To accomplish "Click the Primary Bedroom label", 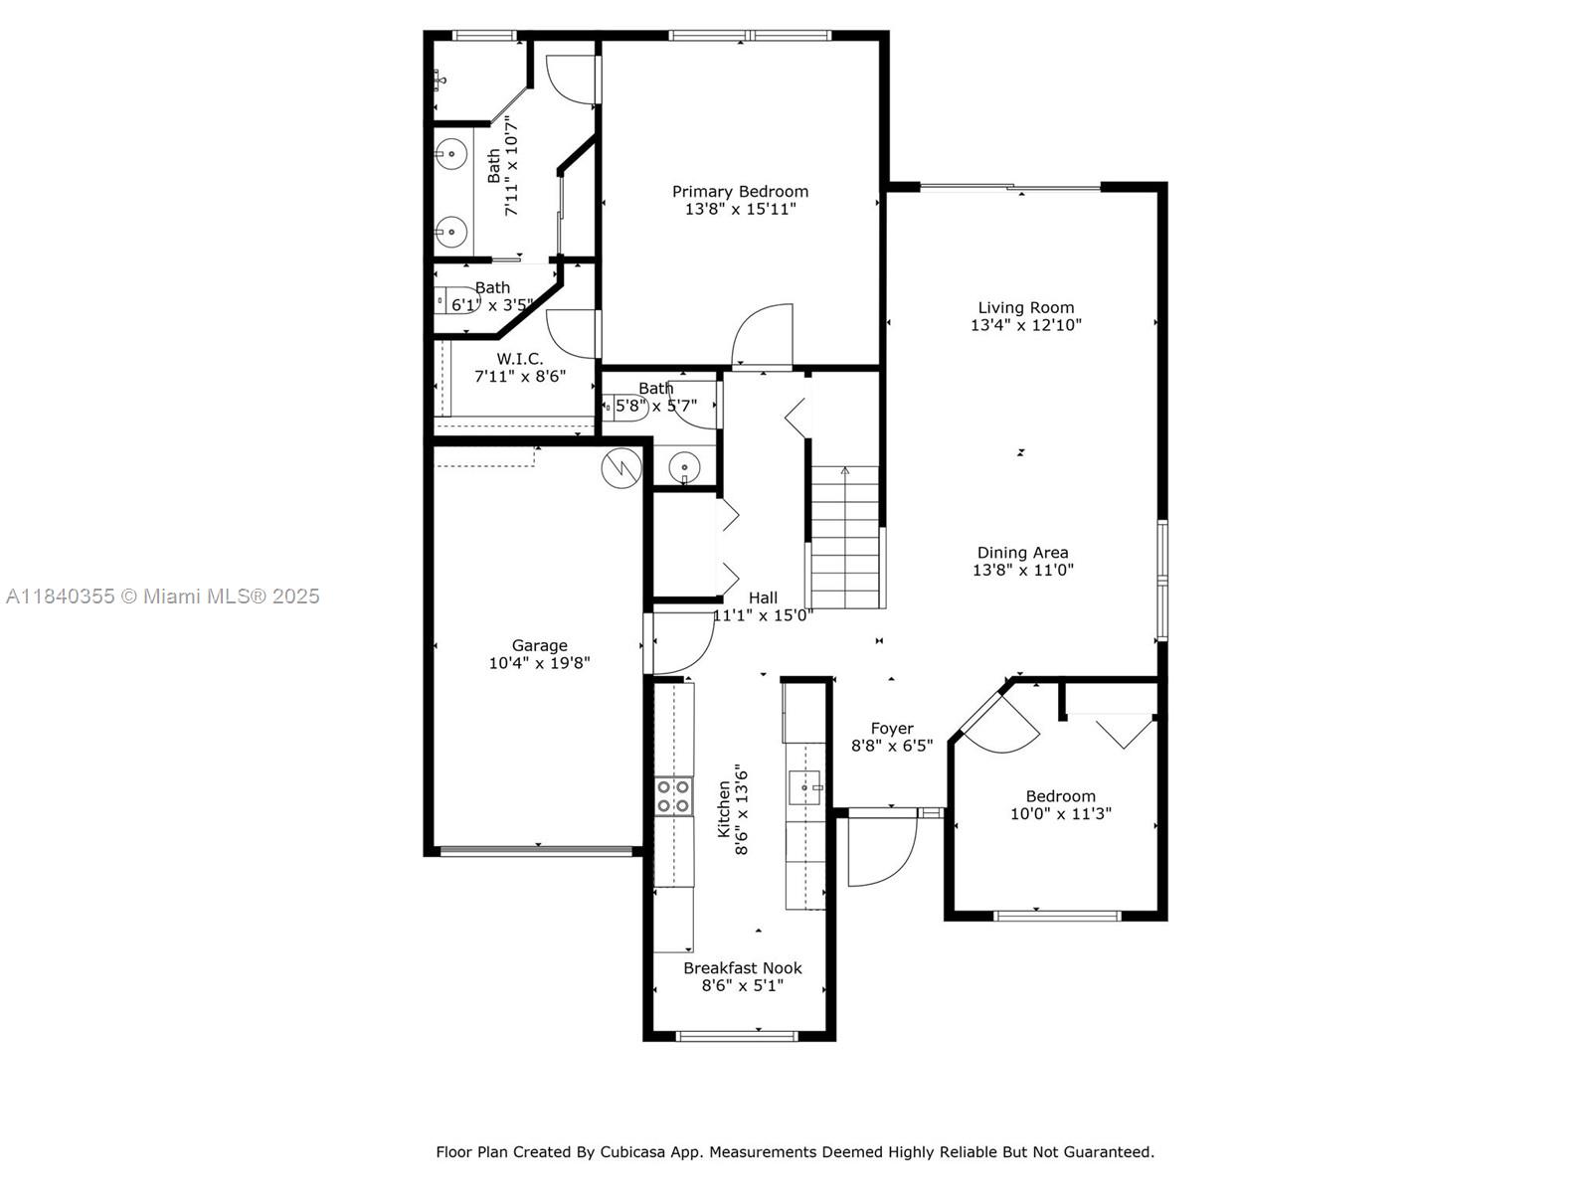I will coord(740,191).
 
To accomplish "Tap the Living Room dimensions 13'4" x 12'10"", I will coord(1025,325).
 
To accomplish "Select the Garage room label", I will coord(539,645).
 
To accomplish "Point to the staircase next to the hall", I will coord(845,537).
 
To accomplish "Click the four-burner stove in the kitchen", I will coord(674,795).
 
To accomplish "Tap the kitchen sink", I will coord(804,787).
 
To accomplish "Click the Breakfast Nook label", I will coord(742,967).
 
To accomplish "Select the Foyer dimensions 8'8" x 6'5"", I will coord(891,746).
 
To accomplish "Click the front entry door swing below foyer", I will coord(881,850).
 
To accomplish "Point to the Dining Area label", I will coord(1022,553).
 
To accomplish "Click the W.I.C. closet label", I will coord(520,358).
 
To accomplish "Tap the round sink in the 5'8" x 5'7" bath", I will coord(684,464).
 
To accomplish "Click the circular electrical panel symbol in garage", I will coord(621,467).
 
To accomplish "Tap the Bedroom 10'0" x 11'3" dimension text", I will coord(1060,813).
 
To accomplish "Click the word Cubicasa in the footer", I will coord(631,1152).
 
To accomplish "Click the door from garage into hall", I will coord(679,644).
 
